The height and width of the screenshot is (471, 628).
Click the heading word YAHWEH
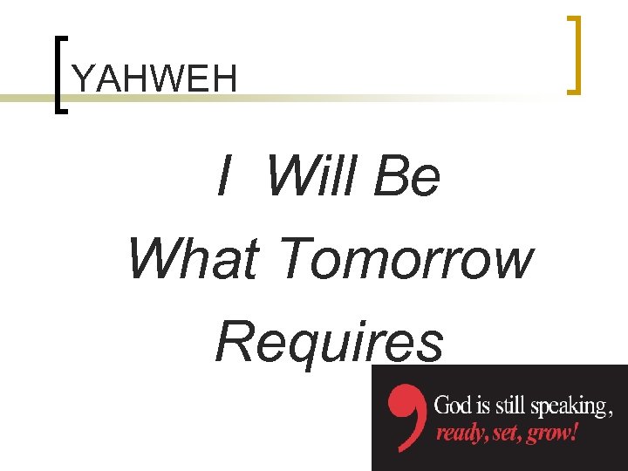click(154, 79)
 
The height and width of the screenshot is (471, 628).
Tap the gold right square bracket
click(573, 54)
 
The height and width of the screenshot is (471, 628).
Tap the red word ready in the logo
click(459, 433)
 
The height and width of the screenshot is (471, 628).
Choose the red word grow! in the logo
click(551, 433)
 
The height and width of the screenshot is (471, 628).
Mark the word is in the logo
click(482, 406)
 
